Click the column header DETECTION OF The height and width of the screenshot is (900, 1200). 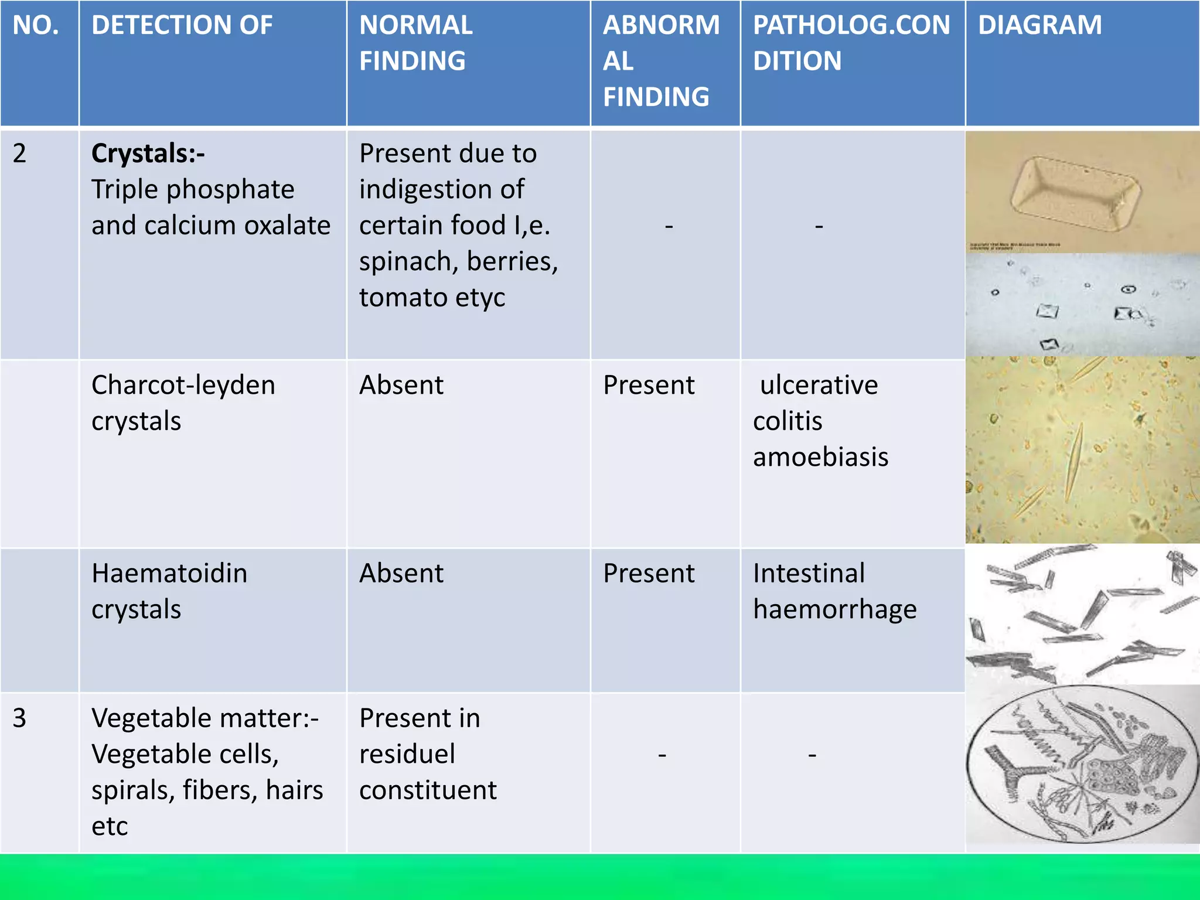[182, 25]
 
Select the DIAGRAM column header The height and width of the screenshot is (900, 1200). [1039, 25]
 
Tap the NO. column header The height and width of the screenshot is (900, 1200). [36, 25]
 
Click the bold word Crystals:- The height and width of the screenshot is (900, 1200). [148, 154]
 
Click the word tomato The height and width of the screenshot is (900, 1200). [403, 298]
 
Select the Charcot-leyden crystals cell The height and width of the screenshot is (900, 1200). [183, 403]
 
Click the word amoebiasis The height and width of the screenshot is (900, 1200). [820, 457]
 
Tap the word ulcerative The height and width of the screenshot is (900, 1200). [819, 386]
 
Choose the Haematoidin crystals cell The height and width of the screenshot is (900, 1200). [169, 591]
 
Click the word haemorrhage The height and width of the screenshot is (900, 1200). [834, 609]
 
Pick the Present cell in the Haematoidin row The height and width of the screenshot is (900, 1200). [649, 574]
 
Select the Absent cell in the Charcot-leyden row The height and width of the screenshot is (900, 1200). [401, 386]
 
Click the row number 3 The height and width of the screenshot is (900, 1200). [19, 718]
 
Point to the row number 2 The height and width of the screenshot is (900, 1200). [19, 154]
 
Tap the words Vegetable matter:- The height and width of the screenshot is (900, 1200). [204, 718]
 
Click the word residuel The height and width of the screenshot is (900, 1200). [407, 754]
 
